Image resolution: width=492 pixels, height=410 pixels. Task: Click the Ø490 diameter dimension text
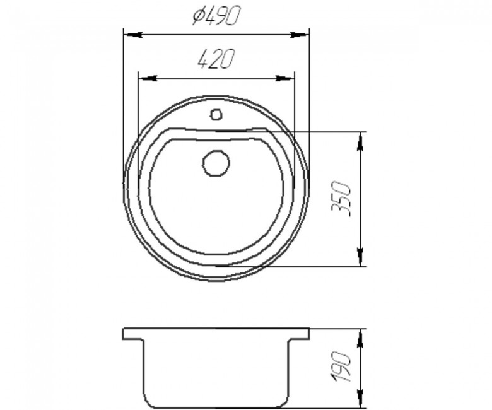[x=216, y=16]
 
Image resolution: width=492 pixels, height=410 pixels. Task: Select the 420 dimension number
[x=216, y=59]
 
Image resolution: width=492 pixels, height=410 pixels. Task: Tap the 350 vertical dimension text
[x=341, y=198]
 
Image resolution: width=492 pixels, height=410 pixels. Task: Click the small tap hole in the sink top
[x=216, y=114]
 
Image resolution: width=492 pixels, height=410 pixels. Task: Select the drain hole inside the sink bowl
[x=216, y=163]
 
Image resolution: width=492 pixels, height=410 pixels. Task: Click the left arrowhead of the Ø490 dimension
[x=134, y=35]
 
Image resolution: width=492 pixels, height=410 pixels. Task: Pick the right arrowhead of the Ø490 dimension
[x=300, y=35]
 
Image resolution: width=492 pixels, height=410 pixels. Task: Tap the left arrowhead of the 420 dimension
[x=148, y=78]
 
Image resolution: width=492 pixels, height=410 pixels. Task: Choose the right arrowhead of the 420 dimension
[x=285, y=78]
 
